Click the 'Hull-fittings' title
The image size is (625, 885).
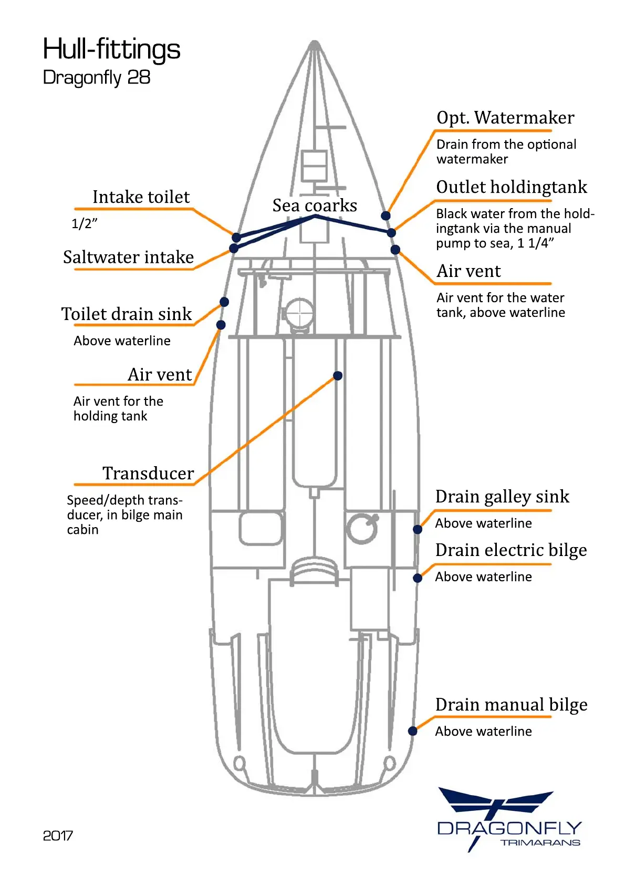click(x=111, y=49)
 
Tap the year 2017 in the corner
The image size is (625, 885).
click(x=58, y=836)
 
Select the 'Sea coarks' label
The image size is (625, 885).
click(x=315, y=205)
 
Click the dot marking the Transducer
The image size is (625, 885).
click(x=338, y=376)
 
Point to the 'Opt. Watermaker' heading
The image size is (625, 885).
click(x=505, y=118)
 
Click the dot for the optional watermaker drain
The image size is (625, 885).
click(x=386, y=215)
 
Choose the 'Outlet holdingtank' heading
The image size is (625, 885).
click(x=512, y=187)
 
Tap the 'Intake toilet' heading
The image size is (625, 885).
click(x=141, y=197)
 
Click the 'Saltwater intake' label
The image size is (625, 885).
click(x=128, y=257)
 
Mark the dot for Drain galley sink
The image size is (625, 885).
click(x=418, y=529)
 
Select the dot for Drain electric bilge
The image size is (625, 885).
click(x=418, y=578)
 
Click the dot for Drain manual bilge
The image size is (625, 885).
click(x=413, y=730)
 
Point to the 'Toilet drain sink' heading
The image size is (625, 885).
click(x=127, y=314)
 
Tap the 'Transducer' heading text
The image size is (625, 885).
click(x=148, y=474)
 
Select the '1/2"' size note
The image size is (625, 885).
click(x=85, y=224)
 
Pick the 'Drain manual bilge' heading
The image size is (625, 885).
click(x=511, y=705)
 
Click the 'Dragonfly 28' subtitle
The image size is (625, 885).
click(x=97, y=78)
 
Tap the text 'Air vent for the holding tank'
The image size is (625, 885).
click(x=118, y=408)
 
